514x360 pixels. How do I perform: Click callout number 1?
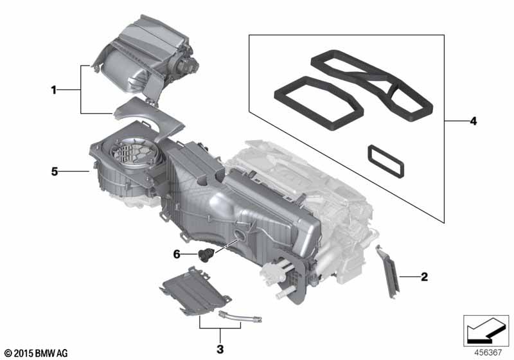tap(54, 89)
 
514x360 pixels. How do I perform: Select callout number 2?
tap(424, 276)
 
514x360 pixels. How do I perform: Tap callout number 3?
tap(220, 349)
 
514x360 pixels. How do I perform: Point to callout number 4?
tap(473, 122)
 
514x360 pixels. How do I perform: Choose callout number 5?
tap(55, 171)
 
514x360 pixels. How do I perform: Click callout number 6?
tap(177, 254)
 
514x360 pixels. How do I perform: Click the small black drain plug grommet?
tap(206, 255)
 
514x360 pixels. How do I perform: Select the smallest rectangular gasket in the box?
tap(385, 161)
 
